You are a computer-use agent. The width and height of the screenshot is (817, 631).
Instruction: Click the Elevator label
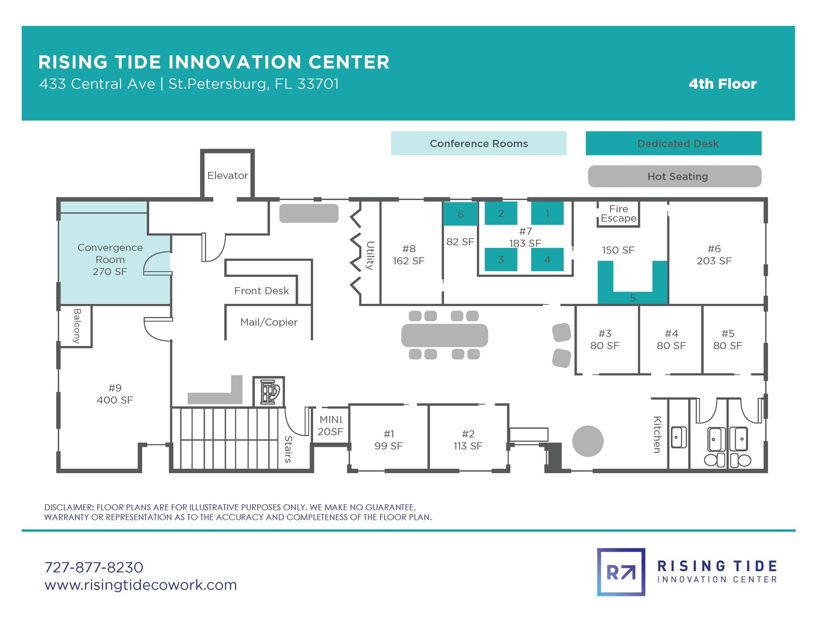(x=227, y=175)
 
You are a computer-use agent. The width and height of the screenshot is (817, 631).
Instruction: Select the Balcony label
(x=77, y=326)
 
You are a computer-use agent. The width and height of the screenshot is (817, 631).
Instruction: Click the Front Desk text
(x=261, y=291)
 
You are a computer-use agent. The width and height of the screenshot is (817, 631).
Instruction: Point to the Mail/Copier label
(x=269, y=322)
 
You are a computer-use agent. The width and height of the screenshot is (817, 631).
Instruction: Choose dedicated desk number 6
(x=460, y=214)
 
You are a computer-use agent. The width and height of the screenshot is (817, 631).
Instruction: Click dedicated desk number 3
(x=501, y=259)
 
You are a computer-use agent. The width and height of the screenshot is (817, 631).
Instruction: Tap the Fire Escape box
(x=618, y=214)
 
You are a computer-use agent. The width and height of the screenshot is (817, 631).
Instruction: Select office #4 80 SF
(x=671, y=340)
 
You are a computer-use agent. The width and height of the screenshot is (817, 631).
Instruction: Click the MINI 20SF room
(x=331, y=425)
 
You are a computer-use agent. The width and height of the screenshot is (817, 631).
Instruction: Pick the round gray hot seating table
(x=588, y=441)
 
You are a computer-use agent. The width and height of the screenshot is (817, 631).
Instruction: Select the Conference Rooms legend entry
(x=478, y=143)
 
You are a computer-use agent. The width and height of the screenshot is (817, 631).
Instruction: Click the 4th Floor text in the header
(x=722, y=84)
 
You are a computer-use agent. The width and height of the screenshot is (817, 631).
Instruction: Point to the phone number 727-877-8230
(x=94, y=567)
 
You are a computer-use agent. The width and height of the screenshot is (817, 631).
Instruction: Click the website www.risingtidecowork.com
(x=141, y=585)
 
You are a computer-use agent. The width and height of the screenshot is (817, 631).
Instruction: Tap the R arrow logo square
(x=621, y=572)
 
